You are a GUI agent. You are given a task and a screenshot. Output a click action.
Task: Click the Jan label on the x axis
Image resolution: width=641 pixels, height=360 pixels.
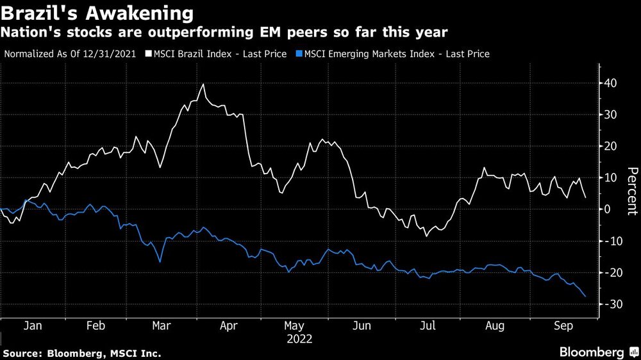point(33,325)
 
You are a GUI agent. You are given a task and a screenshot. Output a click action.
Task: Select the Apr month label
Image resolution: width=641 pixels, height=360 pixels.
point(229,325)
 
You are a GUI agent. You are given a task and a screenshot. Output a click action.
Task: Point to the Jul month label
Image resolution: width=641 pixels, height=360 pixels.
point(428,325)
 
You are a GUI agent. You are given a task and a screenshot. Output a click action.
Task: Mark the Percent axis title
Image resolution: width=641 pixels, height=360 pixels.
point(631,190)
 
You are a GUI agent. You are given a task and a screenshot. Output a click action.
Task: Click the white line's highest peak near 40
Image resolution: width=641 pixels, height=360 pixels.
point(203,84)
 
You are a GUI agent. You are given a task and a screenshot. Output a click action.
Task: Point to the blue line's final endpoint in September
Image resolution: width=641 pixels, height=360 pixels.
point(586,296)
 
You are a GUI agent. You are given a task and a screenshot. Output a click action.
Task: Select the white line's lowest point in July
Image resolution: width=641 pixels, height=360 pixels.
point(426,236)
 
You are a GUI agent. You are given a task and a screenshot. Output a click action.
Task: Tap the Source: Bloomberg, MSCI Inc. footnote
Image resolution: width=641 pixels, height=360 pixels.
point(81,353)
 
